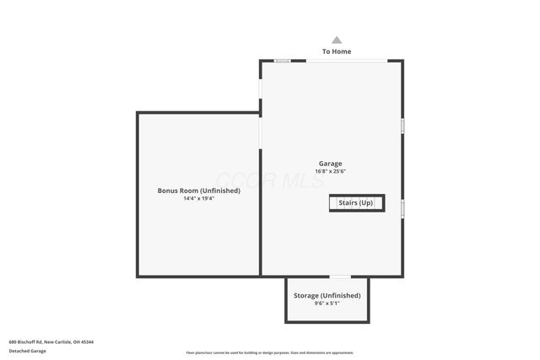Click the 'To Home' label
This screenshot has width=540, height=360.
coord(337,51)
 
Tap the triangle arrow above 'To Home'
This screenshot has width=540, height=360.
coord(337,40)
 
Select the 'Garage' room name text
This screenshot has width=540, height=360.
coord(330,164)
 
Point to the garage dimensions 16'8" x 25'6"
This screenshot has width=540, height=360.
coord(330,171)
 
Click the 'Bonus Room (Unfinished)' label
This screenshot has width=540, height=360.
coord(198,191)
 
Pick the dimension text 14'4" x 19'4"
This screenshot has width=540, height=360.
coord(198,198)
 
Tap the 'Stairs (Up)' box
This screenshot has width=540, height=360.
coord(356,203)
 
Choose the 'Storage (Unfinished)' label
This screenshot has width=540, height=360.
coord(327,296)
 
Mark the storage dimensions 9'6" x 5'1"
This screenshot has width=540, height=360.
coord(327,304)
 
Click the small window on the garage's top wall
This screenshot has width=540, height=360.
coord(283,61)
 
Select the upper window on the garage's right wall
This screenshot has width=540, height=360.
coord(402,126)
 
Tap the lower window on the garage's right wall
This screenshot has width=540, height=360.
coord(402,207)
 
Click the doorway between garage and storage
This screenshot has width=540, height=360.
coord(339,277)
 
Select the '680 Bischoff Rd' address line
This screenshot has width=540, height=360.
coord(26,341)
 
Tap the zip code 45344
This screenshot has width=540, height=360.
coord(89,341)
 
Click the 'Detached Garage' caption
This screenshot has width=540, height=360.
coord(28,351)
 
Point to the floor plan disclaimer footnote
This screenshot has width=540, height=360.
coord(269,352)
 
